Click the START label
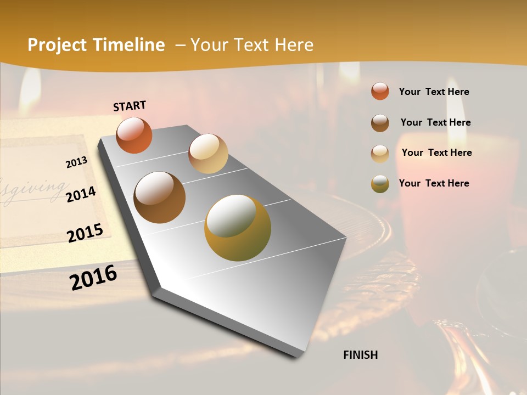[130, 106]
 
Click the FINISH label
[360, 355]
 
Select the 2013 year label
[76, 162]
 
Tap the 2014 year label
[81, 194]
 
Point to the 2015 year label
[85, 233]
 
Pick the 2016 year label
[93, 277]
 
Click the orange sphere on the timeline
[134, 135]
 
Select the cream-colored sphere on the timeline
[208, 154]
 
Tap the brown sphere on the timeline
[159, 198]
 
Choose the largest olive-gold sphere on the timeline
[237, 228]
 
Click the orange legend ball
[380, 91]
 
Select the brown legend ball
[380, 123]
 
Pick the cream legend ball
[380, 154]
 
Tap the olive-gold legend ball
[380, 184]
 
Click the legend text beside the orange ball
[434, 92]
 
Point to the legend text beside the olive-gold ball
[434, 183]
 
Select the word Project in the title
[57, 45]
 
